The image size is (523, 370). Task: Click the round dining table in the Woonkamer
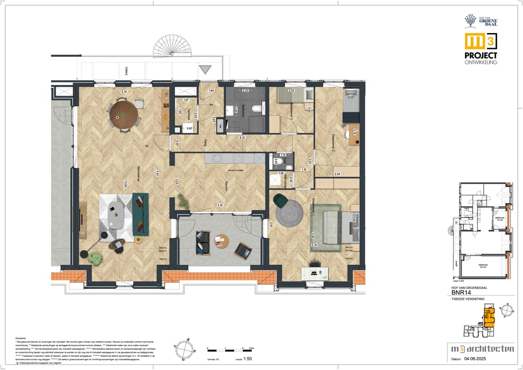tap(123, 115)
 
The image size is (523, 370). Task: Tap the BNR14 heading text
tap(462, 293)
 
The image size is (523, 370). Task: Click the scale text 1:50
tap(247, 359)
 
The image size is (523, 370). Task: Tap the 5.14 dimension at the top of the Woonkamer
tap(124, 92)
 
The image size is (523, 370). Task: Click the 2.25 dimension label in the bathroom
tap(246, 91)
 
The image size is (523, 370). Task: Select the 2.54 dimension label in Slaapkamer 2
tap(338, 173)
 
